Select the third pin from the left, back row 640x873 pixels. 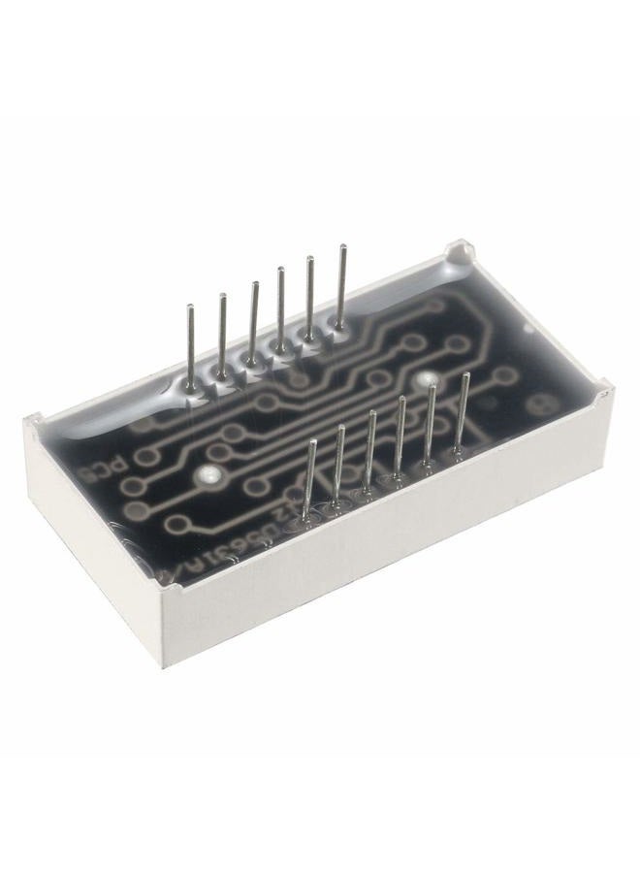click(x=254, y=320)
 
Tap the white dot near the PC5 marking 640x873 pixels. click(x=208, y=475)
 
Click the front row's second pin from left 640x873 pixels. click(x=339, y=464)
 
